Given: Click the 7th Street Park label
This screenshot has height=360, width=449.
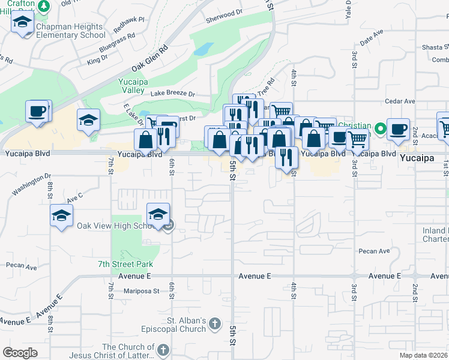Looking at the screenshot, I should (x=125, y=264).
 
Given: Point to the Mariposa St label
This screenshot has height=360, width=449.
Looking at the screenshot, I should (x=139, y=292).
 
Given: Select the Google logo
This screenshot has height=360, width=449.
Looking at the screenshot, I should (x=20, y=353).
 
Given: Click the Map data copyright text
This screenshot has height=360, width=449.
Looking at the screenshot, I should (x=423, y=355).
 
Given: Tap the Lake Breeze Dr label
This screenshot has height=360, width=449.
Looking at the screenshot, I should (x=173, y=94).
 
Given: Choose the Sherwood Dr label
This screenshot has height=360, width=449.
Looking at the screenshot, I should (x=224, y=11).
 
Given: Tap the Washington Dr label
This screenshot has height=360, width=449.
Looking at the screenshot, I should (x=31, y=184).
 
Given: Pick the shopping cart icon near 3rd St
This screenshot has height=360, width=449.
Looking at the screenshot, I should (x=357, y=140).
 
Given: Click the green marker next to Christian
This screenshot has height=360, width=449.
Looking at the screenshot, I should (x=380, y=128).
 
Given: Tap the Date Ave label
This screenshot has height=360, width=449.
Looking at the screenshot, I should (x=372, y=39).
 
